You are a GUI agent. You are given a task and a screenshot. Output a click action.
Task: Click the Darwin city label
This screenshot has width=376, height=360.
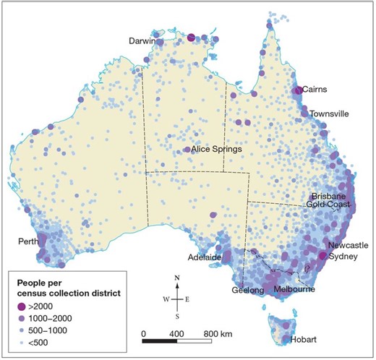pos(142,41)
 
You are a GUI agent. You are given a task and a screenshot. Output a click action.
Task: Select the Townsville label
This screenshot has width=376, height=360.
pos(330,114)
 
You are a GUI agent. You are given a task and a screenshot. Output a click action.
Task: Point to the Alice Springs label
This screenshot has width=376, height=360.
pos(217,150)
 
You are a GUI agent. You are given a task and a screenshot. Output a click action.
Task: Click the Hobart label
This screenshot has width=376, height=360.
pos(304,339)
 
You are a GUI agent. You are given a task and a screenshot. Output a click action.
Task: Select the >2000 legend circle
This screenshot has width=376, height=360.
pos(22,305)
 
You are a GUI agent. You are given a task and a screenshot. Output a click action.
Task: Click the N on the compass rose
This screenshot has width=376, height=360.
pos(177,277)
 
